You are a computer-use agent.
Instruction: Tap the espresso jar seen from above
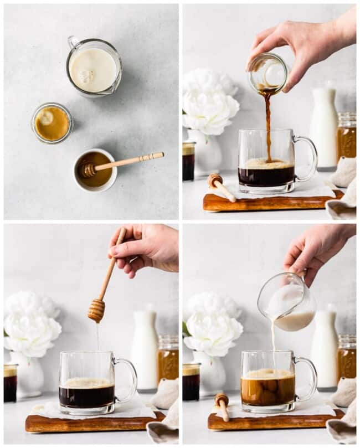point(52,123)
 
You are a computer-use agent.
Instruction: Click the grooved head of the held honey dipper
point(96,310)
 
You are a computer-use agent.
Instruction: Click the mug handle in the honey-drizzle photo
point(126,380)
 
